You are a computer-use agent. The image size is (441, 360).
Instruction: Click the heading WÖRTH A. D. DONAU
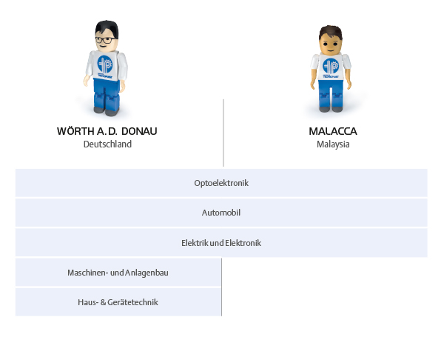coord(107,131)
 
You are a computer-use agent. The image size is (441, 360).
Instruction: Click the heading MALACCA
coord(333,131)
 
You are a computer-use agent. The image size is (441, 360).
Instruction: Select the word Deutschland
coord(107,144)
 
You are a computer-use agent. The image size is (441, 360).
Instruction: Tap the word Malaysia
coord(333,144)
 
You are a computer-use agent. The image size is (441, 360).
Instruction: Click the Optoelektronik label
coord(221,183)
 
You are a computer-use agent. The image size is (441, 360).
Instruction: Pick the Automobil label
coord(221,213)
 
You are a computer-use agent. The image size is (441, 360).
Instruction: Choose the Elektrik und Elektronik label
coord(221,243)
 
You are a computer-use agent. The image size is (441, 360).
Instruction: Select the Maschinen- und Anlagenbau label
coord(118,273)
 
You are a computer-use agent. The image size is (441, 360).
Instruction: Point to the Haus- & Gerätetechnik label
coord(118,302)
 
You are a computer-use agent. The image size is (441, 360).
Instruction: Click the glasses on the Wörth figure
coord(104,40)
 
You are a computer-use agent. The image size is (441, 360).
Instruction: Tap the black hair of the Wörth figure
coord(107,27)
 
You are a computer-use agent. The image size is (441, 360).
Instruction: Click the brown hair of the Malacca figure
coord(331,32)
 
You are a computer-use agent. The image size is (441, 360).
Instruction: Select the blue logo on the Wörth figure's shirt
coord(105,64)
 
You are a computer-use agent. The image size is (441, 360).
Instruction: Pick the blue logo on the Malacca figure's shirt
coord(331,66)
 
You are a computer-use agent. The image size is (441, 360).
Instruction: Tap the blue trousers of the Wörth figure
coord(107,94)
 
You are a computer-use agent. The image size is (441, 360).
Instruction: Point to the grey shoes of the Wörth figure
coord(107,111)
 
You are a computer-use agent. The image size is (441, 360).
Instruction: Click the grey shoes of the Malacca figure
coord(331,109)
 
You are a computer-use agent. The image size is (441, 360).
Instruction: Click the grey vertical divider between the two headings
coord(223,133)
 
